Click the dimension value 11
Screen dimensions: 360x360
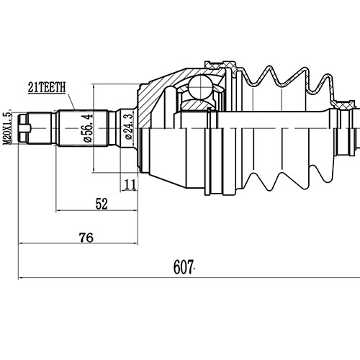[130, 185]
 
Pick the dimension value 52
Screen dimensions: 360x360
[102, 204]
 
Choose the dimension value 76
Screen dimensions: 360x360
[86, 237]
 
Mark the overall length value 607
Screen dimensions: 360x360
[184, 268]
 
